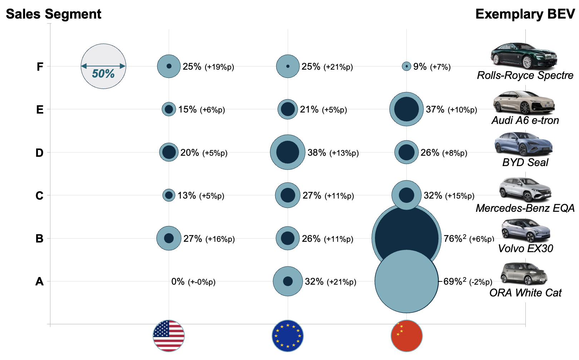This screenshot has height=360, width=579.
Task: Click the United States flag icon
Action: pos(169,336)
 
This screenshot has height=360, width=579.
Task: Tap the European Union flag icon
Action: pos(288,336)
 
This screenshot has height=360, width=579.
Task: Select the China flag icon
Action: pos(407,336)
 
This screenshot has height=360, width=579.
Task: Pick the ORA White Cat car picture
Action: pos(524,274)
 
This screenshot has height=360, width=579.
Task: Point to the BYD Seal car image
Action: pos(524,144)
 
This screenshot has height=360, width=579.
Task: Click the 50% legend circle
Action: pos(103,66)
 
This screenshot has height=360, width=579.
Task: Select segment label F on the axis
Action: pos(40,67)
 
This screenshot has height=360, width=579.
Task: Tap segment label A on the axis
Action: pos(39,282)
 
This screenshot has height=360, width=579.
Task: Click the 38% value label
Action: pos(317,153)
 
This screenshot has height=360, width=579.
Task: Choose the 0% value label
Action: pos(178,282)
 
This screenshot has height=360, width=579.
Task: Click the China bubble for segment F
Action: pos(406,66)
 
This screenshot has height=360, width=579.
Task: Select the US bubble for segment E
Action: pos(169,109)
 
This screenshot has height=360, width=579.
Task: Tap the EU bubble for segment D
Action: pos(288,152)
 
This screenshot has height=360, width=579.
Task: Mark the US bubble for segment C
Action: pos(169,195)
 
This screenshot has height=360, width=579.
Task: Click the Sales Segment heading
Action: pos(54,14)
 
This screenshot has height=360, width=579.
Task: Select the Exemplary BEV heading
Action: pos(525,14)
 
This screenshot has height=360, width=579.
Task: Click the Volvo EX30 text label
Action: pos(525,249)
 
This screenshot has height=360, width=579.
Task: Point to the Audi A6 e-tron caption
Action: pos(525,120)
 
